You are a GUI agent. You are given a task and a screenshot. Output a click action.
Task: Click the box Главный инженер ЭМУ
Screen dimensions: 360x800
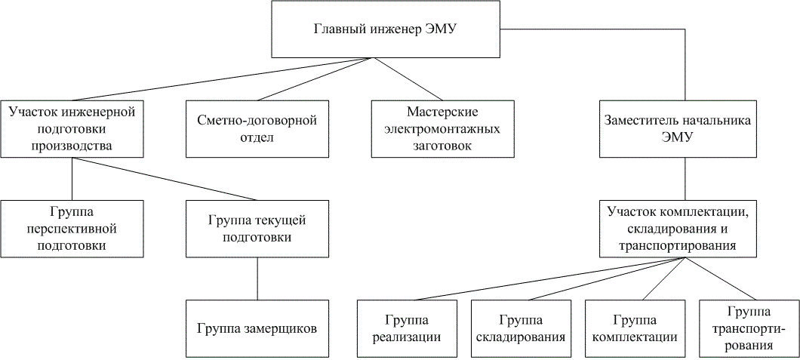386,29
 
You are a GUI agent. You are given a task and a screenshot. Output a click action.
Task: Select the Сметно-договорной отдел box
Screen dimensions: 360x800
256,129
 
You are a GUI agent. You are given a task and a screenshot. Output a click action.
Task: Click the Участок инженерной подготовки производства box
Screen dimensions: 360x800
72,129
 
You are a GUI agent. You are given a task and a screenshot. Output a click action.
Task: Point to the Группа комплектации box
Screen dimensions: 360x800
634,328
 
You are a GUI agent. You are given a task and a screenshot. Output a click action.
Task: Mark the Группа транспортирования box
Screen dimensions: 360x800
748,328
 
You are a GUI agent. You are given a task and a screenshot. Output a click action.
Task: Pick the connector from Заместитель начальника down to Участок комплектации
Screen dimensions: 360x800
684,179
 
